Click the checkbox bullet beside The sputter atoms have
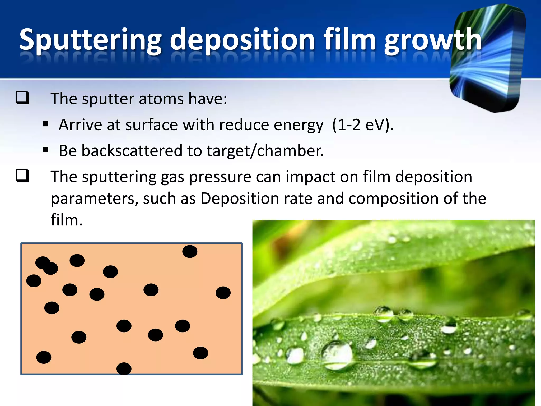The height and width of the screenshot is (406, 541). [22, 98]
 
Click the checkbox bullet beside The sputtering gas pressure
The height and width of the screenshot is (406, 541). [22, 176]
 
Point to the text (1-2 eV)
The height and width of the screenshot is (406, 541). [363, 125]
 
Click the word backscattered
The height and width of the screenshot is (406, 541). [132, 151]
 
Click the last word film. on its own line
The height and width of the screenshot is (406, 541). [67, 220]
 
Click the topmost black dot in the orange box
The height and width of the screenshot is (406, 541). [190, 251]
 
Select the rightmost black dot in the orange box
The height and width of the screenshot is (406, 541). [223, 293]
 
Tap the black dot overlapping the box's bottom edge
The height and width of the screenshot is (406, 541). [124, 368]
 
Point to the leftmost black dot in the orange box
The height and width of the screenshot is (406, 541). [34, 281]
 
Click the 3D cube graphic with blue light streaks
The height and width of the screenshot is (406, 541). [487, 58]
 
